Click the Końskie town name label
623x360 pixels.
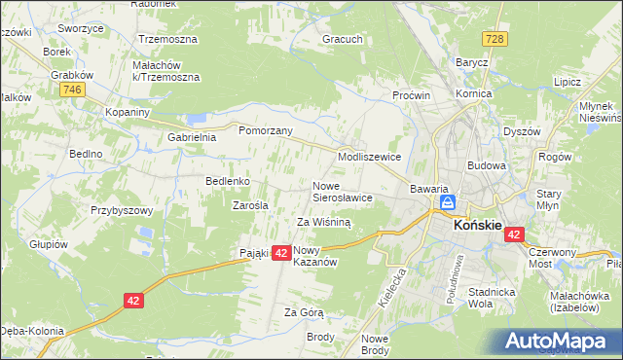click(477, 226)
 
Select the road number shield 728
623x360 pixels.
click(495, 37)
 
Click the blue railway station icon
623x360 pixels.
click(447, 202)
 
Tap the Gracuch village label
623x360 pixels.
click(343, 40)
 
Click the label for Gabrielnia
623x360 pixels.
click(191, 137)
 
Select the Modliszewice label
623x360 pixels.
click(369, 156)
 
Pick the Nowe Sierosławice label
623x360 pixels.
click(342, 191)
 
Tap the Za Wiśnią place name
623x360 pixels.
click(323, 222)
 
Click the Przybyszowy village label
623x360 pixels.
click(123, 210)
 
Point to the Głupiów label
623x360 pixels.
click(49, 244)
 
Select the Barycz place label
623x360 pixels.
click(472, 61)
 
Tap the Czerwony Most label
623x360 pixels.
click(553, 258)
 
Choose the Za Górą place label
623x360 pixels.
click(303, 312)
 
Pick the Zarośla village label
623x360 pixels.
click(250, 205)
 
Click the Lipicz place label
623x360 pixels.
click(567, 83)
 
